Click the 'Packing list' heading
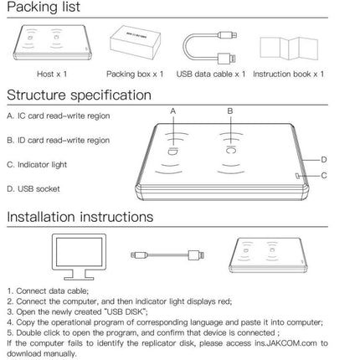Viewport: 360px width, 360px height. pyautogui.click(x=44, y=7)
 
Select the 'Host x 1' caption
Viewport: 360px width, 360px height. pyautogui.click(x=52, y=75)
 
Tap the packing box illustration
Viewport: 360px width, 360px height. pyautogui.click(x=135, y=42)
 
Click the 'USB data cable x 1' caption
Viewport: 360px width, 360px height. pyautogui.click(x=211, y=75)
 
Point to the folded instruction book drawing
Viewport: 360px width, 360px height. pyautogui.click(x=289, y=48)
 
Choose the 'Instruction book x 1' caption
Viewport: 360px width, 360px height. pyautogui.click(x=288, y=75)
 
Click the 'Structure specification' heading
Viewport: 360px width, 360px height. pyautogui.click(x=79, y=95)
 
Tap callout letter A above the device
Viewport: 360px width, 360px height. pyautogui.click(x=173, y=111)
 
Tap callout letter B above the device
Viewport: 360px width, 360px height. pyautogui.click(x=230, y=111)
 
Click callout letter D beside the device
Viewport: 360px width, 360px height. pyautogui.click(x=324, y=160)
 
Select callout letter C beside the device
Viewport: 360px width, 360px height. pyautogui.click(x=324, y=176)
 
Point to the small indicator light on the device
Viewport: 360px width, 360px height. pyautogui.click(x=297, y=176)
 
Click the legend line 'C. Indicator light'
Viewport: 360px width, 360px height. pyautogui.click(x=37, y=165)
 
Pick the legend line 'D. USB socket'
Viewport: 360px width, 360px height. pyautogui.click(x=33, y=189)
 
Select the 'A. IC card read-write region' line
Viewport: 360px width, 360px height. pyautogui.click(x=59, y=116)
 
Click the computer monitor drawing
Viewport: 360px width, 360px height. pyautogui.click(x=79, y=257)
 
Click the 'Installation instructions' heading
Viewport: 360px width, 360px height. pyautogui.click(x=80, y=217)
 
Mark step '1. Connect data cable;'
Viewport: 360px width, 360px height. pyautogui.click(x=48, y=291)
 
